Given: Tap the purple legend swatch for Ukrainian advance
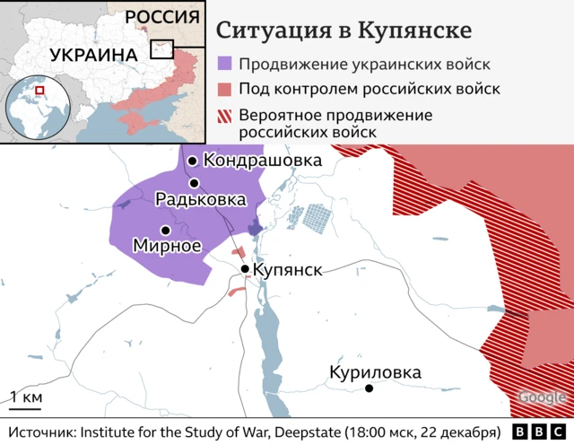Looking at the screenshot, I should point(225,65).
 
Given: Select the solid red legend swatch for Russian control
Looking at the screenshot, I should point(225,90).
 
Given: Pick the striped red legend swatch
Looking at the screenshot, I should point(225,116).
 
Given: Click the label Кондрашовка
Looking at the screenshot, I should point(262,161).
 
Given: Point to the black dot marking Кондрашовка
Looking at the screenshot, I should point(192,161).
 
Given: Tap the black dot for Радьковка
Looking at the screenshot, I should point(194,183).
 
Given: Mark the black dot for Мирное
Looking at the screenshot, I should point(165,231).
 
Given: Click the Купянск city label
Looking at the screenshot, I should point(287,269).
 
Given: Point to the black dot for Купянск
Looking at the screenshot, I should point(245,268).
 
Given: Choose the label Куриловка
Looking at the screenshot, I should point(374,372).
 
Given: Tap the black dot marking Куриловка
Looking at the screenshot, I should point(370,388).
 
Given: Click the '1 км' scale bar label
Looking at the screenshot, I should point(25,397).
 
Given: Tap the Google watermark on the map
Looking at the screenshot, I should point(541,398).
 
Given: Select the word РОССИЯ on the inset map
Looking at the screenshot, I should point(161,17).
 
